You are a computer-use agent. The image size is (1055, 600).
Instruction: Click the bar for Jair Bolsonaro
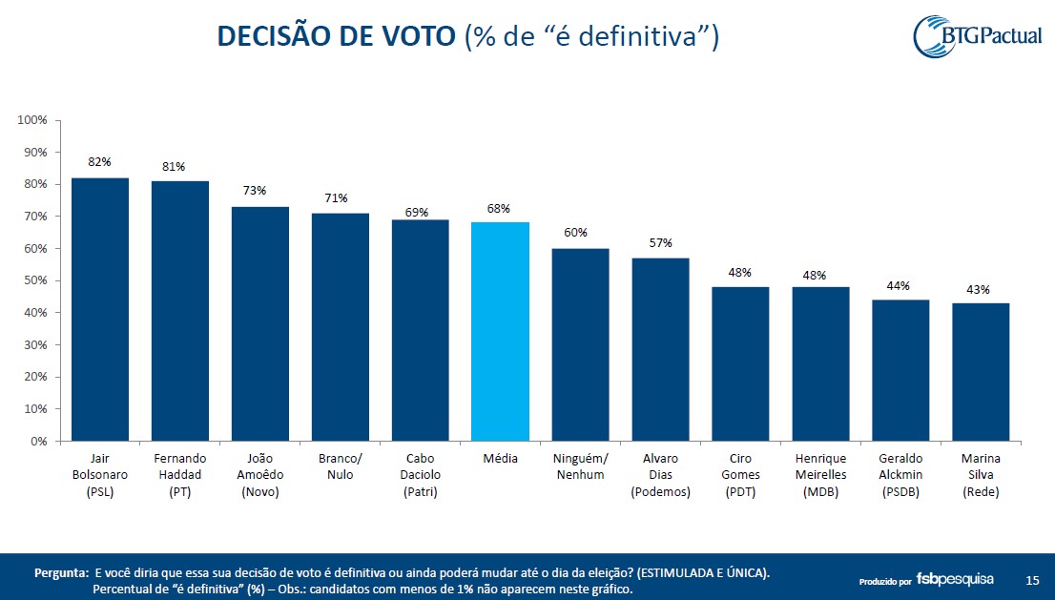pos(100,309)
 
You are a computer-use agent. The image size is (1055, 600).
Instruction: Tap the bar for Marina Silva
pos(981,372)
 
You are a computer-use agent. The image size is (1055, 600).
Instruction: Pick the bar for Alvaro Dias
pos(660,349)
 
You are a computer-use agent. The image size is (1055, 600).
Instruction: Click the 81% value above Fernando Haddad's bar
pos(174,166)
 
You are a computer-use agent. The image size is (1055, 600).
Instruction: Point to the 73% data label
pos(254,191)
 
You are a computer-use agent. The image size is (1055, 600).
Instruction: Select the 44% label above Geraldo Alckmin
pos(898,285)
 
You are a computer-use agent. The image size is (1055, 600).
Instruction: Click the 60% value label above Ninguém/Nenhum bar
pos(575,233)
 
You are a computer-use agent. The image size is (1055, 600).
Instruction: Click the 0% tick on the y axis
pos(38,442)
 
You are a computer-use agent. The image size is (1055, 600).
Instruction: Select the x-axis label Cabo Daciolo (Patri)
pos(420,475)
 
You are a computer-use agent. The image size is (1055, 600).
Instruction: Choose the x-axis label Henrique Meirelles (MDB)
pos(820,475)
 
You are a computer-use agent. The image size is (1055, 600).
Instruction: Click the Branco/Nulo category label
pos(340,466)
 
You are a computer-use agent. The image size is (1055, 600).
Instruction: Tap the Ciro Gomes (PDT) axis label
pos(740,475)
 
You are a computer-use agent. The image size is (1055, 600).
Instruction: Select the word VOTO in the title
pos(411,36)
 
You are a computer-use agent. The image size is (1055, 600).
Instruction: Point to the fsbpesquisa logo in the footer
pos(955,579)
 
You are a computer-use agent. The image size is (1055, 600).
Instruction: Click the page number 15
pos(1032,580)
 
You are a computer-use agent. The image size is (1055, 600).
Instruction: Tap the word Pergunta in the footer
pos(61,573)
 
